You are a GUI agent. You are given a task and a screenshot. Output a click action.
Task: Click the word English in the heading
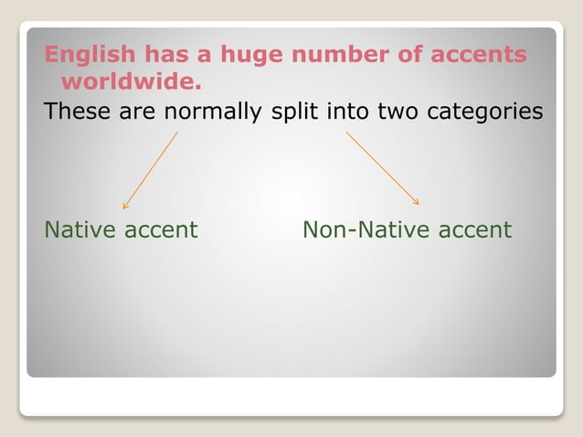coord(86,55)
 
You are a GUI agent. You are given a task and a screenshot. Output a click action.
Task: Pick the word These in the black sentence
coord(76,112)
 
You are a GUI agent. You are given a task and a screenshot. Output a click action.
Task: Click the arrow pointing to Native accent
coord(150,170)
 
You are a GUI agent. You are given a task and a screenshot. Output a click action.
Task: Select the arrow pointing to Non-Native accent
coord(382,168)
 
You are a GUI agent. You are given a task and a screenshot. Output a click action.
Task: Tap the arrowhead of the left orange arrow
coord(125,207)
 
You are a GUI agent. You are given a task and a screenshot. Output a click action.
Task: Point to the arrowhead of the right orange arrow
coord(417,202)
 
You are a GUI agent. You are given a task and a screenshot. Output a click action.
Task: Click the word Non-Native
coord(366,229)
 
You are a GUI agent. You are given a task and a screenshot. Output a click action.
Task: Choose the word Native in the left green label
coord(79,229)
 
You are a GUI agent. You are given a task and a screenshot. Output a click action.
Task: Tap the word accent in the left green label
coord(161,229)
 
